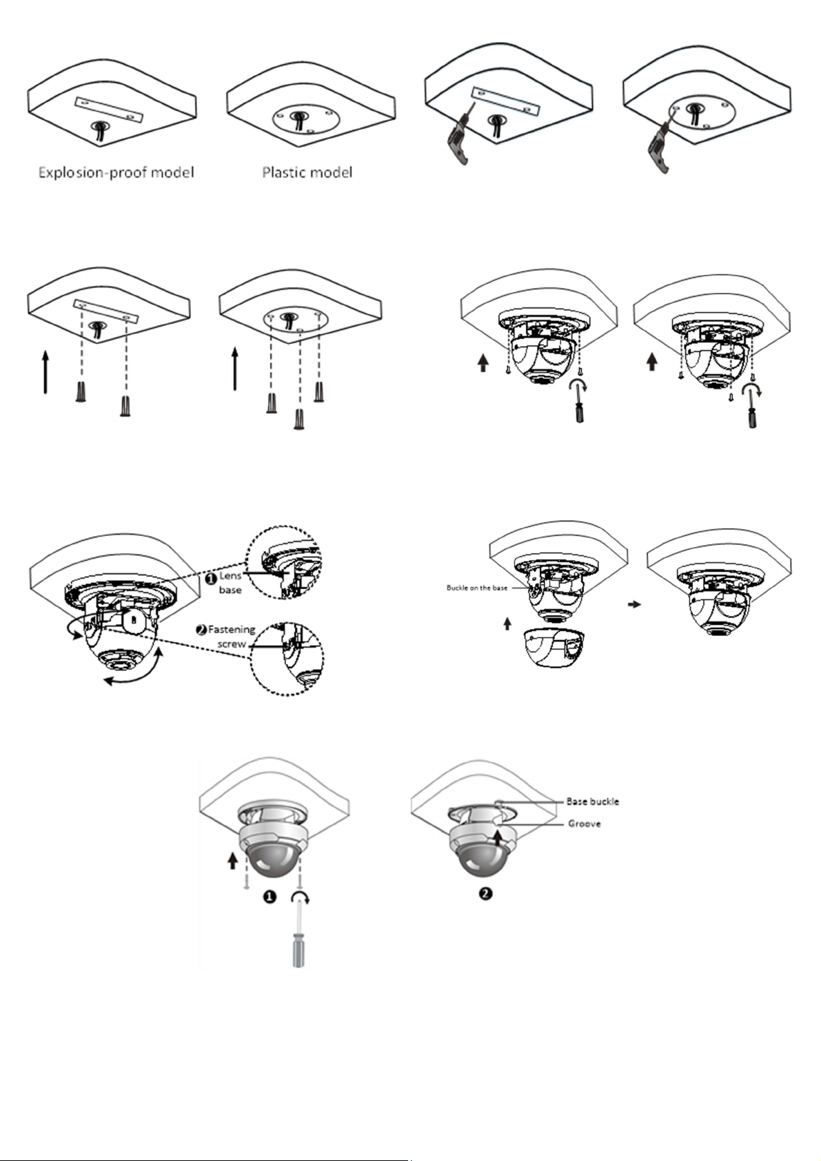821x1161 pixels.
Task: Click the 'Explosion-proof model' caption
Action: (116, 172)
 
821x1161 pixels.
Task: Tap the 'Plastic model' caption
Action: (307, 172)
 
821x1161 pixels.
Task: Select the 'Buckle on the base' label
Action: (476, 588)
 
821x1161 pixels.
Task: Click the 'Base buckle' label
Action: (592, 801)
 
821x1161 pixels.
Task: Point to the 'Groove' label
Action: (584, 823)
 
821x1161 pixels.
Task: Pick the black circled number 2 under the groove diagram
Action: (485, 894)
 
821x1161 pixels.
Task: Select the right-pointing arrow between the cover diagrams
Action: (634, 604)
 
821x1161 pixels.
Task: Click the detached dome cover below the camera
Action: (554, 648)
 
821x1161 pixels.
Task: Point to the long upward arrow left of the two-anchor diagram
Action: (45, 372)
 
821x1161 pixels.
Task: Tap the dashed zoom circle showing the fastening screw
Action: (287, 658)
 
